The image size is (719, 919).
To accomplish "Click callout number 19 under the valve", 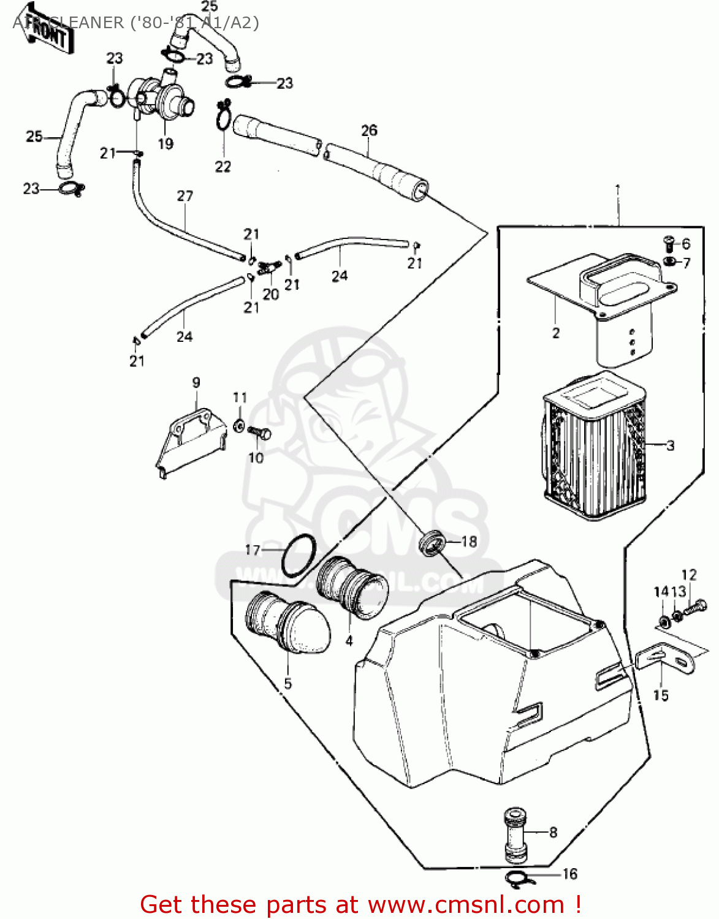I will (165, 144).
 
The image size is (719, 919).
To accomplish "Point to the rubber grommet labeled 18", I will (433, 543).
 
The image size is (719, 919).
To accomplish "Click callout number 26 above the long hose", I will (369, 130).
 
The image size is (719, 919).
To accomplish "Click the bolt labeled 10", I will (260, 433).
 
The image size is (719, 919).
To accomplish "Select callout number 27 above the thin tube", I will (185, 196).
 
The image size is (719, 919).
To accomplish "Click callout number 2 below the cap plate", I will (556, 333).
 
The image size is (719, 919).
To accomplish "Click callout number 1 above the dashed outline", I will (618, 190).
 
